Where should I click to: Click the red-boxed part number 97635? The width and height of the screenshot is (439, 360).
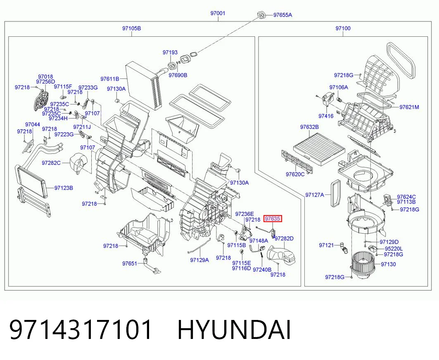[x=273, y=219]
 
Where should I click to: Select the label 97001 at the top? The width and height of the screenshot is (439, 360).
[x=218, y=13]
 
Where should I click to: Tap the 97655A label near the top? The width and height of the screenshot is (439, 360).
[x=282, y=15]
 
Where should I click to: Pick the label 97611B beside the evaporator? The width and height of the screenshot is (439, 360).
[x=110, y=79]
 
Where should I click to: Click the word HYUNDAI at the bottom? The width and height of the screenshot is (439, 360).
[x=234, y=330]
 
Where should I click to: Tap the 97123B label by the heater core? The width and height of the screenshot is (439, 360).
[x=64, y=188]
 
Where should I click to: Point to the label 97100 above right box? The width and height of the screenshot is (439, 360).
[x=343, y=28]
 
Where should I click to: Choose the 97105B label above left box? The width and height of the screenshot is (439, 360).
[x=131, y=28]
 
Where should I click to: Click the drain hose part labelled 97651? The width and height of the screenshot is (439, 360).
[x=151, y=266]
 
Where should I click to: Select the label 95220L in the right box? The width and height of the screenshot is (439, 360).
[x=394, y=249]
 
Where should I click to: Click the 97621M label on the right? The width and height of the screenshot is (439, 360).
[x=409, y=107]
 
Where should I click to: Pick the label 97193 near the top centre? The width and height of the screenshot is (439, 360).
[x=170, y=52]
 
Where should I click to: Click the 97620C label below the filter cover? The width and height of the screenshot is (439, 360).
[x=295, y=174]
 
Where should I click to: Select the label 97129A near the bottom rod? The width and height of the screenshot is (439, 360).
[x=199, y=260]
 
